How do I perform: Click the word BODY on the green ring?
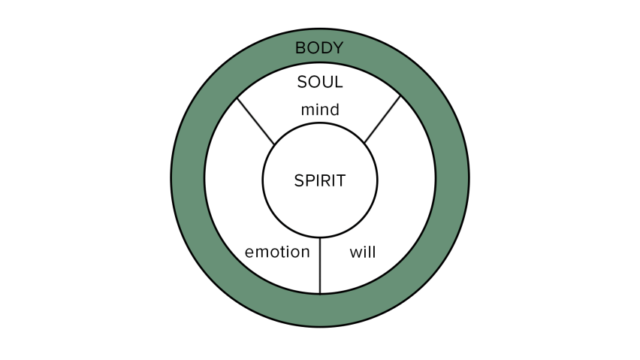[319, 48]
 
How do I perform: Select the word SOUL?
[320, 82]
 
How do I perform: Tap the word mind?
[320, 110]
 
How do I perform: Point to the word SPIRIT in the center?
[320, 180]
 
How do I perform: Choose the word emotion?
[277, 252]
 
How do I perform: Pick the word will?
[363, 252]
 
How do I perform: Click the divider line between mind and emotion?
[256, 121]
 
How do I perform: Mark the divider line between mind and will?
[382, 119]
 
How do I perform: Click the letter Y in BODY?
[338, 48]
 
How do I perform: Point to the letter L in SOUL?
[338, 82]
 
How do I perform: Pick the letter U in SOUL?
[327, 82]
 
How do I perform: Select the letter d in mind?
[334, 110]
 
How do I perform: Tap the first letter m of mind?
[306, 110]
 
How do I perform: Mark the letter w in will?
[355, 253]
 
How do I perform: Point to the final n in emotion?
[305, 253]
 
